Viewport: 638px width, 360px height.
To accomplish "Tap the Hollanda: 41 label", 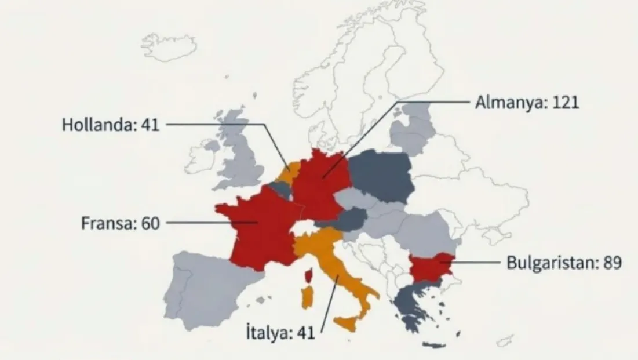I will point(110,125).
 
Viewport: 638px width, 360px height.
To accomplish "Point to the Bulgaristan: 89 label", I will point(564,263).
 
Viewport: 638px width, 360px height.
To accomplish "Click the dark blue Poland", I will point(380,174).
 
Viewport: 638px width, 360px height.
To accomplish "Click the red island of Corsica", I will point(309,274).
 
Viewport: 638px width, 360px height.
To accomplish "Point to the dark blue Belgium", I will point(280,188).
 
